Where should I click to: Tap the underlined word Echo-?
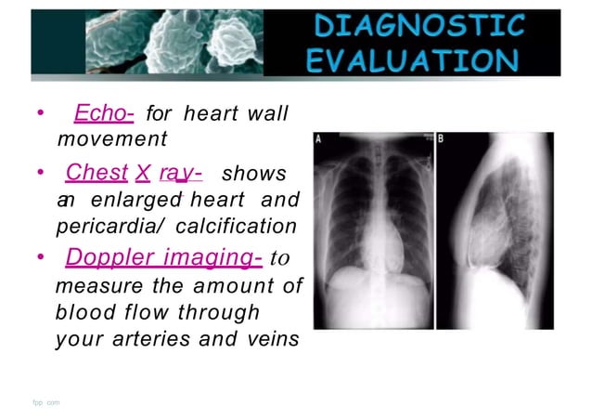coord(104,114)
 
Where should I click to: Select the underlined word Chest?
coord(96,174)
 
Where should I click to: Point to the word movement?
coord(112,139)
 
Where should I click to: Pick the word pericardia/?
coord(116,226)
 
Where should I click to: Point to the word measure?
coord(97,286)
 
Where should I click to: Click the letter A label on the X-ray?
coord(320,140)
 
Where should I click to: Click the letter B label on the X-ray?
coord(441,140)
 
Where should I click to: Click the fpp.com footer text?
coord(45,402)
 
